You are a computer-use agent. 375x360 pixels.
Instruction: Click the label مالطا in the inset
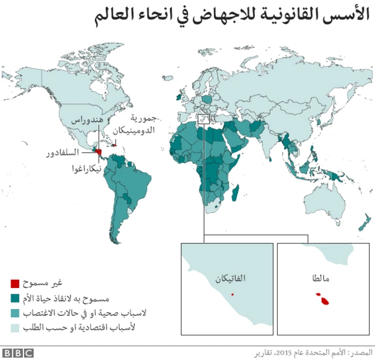coord(322,279)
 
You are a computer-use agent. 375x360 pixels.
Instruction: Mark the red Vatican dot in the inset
coord(233,294)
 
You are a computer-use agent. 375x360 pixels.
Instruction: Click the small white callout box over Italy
coord(203,119)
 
